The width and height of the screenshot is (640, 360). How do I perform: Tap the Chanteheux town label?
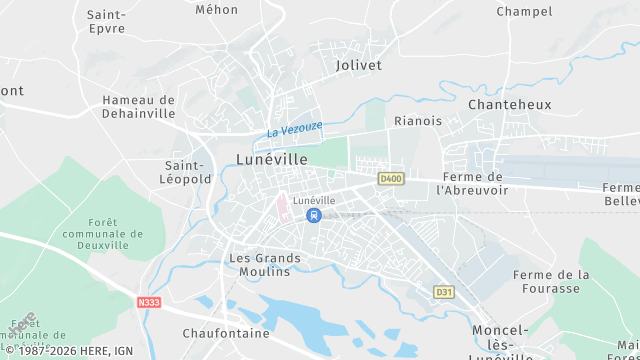(505, 103)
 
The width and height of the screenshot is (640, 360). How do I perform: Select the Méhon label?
(217, 9)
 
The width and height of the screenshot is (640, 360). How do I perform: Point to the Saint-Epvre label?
(106, 22)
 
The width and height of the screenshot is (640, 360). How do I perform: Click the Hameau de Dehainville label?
(139, 107)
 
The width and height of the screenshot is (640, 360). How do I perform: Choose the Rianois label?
(418, 121)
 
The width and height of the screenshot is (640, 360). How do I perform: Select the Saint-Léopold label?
(188, 172)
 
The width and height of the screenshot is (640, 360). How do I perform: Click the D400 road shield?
(391, 178)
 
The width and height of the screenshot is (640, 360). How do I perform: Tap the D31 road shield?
(443, 292)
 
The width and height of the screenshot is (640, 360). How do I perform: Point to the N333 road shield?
(149, 301)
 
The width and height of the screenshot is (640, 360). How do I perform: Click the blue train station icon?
(314, 215)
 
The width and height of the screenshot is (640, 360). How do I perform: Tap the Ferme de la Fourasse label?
(551, 281)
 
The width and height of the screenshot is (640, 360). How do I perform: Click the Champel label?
(524, 12)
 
